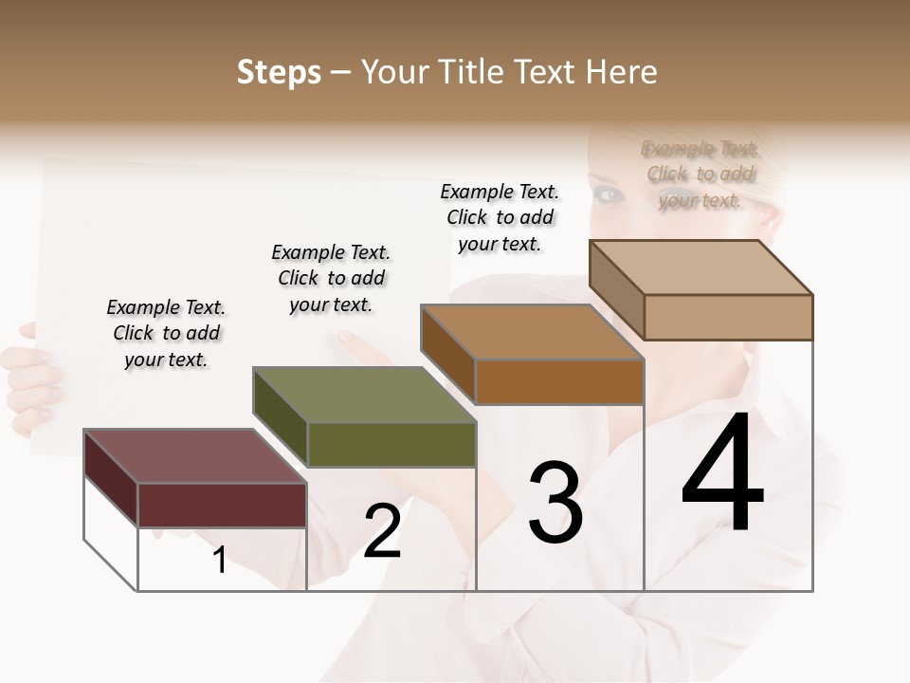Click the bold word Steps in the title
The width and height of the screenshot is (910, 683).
click(279, 72)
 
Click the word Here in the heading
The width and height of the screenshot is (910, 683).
click(621, 72)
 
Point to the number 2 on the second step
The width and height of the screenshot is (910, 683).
click(383, 531)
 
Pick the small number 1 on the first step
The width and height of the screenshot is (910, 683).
click(220, 561)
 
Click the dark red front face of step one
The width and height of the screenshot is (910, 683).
click(222, 505)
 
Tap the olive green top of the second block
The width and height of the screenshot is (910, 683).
click(364, 394)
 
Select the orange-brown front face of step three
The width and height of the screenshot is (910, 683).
click(559, 382)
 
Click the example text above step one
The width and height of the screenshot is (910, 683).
click(166, 333)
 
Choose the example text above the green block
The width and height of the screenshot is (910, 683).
click(331, 278)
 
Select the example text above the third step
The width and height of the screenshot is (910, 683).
click(500, 217)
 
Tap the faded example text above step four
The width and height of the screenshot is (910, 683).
click(701, 174)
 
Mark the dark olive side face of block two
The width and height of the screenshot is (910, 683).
click(280, 416)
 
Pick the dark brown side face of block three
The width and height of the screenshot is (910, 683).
click(447, 354)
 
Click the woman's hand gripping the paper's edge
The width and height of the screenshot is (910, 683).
click(27, 375)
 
